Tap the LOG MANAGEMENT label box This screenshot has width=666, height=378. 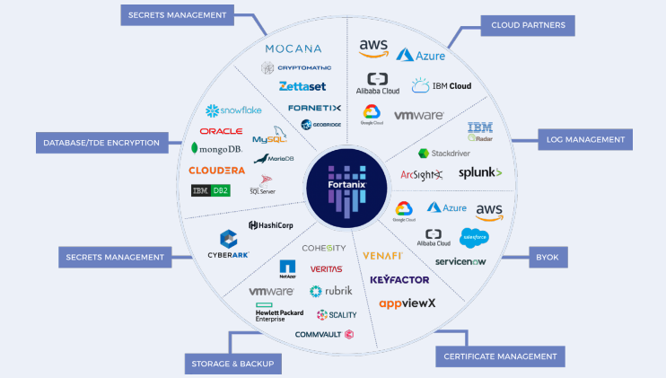pos(585,139)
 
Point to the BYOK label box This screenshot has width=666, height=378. pos(547,258)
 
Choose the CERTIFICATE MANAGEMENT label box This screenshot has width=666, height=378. pos(500,356)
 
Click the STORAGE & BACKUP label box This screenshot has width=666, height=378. pos(232,364)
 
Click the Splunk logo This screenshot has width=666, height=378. pos(480,172)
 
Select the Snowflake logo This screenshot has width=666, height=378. pos(232,110)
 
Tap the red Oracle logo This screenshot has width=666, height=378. pos(221,131)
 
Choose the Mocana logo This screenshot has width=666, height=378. pos(294,48)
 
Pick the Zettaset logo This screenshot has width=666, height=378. pos(302,86)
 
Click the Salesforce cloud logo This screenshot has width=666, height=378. pos(473,237)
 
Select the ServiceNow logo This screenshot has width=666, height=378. pos(460,261)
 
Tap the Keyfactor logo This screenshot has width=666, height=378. pos(399,280)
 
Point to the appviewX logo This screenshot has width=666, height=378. pos(407,303)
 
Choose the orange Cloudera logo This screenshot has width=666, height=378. pos(216,170)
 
